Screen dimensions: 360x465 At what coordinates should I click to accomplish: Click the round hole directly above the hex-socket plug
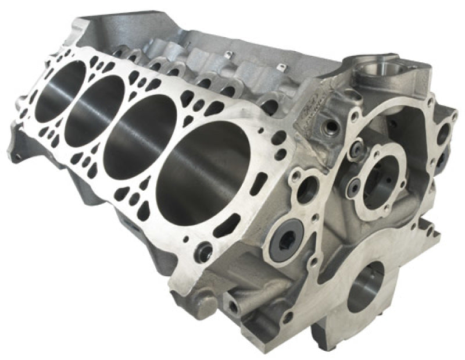(x=306, y=190)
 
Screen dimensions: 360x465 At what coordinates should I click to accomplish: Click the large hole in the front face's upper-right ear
(x=443, y=133)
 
